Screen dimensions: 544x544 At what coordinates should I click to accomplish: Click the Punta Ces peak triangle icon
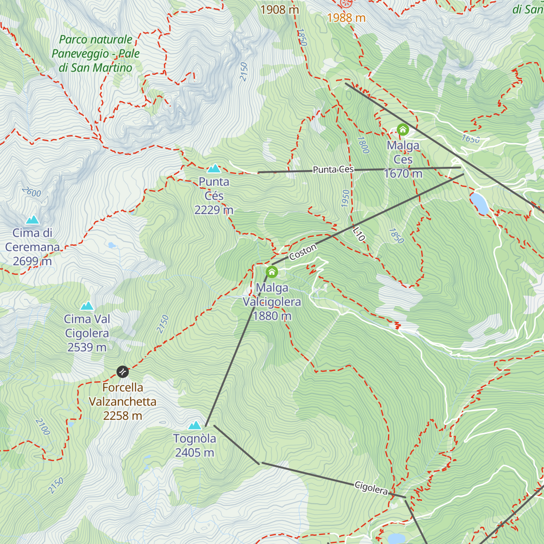(x=214, y=169)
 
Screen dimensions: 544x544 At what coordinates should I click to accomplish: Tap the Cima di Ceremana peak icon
(x=32, y=220)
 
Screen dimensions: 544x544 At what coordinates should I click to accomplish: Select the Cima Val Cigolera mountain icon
(x=87, y=306)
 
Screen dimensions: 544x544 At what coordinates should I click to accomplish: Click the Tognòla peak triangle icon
(x=194, y=425)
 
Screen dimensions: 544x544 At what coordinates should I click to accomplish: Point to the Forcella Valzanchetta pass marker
(x=123, y=372)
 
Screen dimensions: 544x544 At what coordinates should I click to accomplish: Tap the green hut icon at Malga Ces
(x=403, y=130)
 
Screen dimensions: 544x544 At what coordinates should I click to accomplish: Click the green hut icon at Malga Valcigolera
(x=272, y=272)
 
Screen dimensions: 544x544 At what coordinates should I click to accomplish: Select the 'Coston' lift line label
(x=303, y=252)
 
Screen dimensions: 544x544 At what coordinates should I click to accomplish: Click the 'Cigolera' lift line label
(x=371, y=488)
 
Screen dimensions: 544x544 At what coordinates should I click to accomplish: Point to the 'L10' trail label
(x=359, y=234)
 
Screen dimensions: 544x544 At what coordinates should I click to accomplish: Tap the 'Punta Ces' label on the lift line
(x=333, y=170)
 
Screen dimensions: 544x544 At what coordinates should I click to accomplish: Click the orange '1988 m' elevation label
(x=346, y=18)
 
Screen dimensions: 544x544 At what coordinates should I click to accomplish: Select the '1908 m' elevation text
(x=280, y=9)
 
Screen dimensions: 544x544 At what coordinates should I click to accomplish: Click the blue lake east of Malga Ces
(x=480, y=204)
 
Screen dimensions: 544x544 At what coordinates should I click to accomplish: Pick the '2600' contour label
(x=31, y=192)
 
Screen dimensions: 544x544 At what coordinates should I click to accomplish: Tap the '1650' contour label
(x=471, y=139)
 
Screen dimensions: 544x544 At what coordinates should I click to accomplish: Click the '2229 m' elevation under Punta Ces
(x=214, y=210)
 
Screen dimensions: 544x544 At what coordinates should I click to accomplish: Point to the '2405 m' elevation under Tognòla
(x=194, y=452)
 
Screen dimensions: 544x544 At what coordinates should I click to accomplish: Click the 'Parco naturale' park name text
(x=96, y=40)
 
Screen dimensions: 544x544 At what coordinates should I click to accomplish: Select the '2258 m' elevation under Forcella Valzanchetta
(x=122, y=416)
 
